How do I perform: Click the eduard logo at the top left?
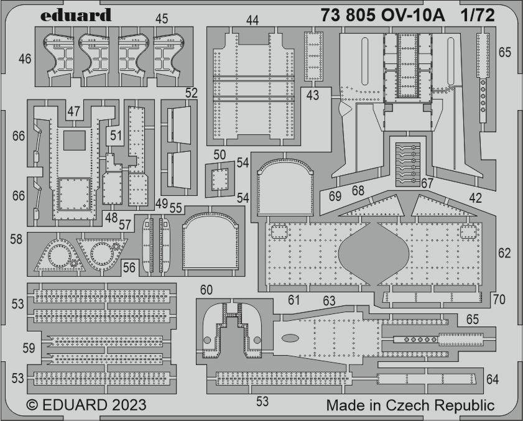76,15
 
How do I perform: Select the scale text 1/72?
478,15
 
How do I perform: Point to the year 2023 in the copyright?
129,405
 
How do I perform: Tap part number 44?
252,21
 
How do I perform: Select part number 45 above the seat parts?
162,19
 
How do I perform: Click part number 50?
220,155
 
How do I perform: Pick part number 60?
206,290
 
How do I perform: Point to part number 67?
427,183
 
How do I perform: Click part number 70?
499,300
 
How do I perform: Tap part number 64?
493,379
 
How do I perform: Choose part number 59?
29,348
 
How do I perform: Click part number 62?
504,253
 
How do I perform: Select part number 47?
74,111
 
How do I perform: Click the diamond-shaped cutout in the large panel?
374,254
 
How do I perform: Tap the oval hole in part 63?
290,338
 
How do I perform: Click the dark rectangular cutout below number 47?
75,140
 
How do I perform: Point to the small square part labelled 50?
220,179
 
